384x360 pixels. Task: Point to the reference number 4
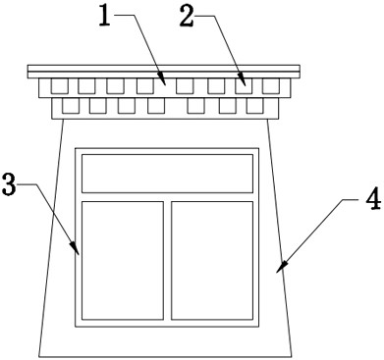pyautogui.click(x=372, y=200)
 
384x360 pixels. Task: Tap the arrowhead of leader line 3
pyautogui.click(x=79, y=253)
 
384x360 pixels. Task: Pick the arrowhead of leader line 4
pyautogui.click(x=280, y=268)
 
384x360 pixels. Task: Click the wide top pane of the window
pyautogui.click(x=167, y=174)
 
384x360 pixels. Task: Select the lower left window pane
pyautogui.click(x=122, y=259)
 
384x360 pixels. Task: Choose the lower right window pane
pyautogui.click(x=212, y=259)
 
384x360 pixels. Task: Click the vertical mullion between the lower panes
pyautogui.click(x=167, y=259)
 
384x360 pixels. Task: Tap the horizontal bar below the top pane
pyautogui.click(x=167, y=196)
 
